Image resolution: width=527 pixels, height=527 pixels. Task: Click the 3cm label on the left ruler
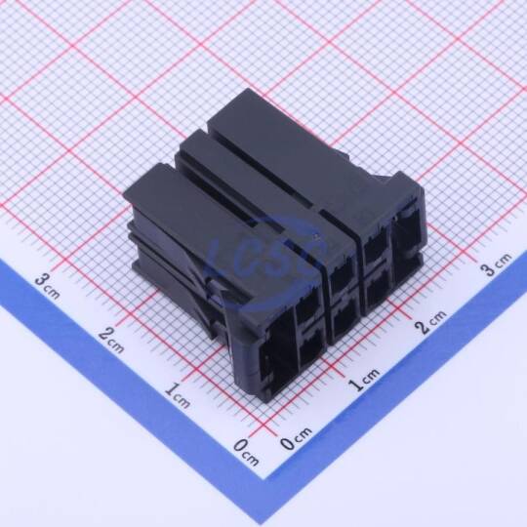[x=48, y=286]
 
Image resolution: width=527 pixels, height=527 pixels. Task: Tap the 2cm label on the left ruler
[x=111, y=340]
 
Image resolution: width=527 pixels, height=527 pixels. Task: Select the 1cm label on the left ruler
[x=178, y=394]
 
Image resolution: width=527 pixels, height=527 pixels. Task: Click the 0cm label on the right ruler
[x=297, y=438]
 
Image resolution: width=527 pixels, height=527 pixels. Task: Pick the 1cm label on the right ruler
[x=364, y=379]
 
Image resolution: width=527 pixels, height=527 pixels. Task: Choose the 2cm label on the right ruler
[x=430, y=321]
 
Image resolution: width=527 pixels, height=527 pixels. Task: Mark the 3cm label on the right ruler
[x=496, y=264]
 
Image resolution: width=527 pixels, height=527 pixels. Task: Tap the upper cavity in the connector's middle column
[x=343, y=277]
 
